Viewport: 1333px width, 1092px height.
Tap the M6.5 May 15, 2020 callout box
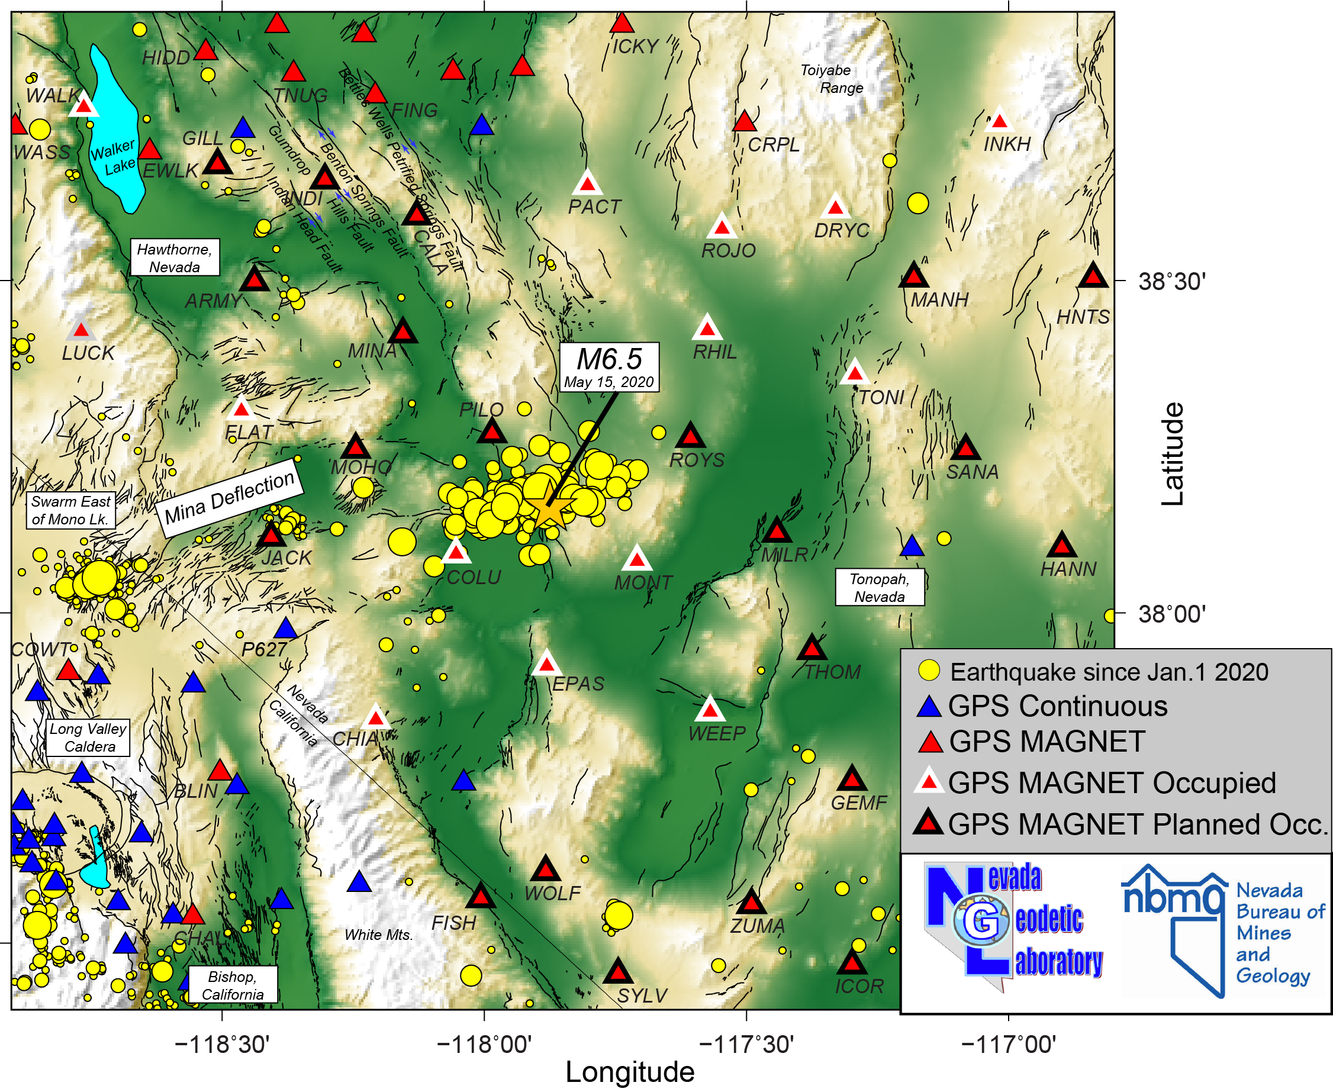click(x=609, y=368)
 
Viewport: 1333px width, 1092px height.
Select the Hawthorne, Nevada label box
click(x=175, y=257)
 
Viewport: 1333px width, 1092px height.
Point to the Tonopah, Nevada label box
click(x=880, y=588)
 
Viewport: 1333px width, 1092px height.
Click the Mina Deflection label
click(x=230, y=498)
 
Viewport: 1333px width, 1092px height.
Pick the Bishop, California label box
click(x=233, y=985)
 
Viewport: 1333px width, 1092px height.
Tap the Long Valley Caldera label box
click(x=89, y=737)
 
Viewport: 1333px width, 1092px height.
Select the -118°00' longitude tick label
click(x=484, y=1045)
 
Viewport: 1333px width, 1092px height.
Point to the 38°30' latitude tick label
click(x=1171, y=281)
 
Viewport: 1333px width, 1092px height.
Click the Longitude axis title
click(x=630, y=1072)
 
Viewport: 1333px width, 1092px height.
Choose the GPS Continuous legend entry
click(x=1057, y=707)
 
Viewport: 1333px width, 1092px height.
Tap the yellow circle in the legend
click(x=929, y=671)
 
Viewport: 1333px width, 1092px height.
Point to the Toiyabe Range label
click(x=832, y=79)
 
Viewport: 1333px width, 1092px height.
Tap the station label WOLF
click(x=552, y=893)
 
